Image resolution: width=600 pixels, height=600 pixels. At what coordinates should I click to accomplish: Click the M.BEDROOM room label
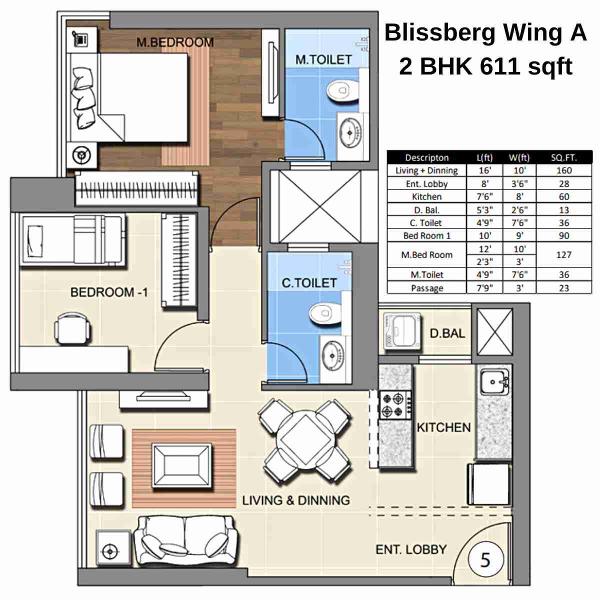[175, 42]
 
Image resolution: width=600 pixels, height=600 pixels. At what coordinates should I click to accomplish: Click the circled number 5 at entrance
[485, 559]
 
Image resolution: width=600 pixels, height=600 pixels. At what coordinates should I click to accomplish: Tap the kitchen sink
[494, 382]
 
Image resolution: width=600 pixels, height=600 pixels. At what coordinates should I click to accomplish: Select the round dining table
[305, 440]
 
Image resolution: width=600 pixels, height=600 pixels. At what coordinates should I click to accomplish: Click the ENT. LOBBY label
[410, 549]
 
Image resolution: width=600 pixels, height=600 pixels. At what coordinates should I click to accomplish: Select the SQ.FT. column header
[563, 157]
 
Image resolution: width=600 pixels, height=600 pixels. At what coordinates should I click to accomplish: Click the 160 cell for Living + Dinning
[563, 170]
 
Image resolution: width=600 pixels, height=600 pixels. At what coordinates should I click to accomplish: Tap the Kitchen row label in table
[426, 196]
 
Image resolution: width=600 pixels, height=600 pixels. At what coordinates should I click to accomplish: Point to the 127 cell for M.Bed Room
[563, 254]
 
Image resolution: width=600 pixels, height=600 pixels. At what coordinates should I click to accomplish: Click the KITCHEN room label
[443, 427]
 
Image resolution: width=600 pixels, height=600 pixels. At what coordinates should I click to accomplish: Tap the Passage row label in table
[426, 288]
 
